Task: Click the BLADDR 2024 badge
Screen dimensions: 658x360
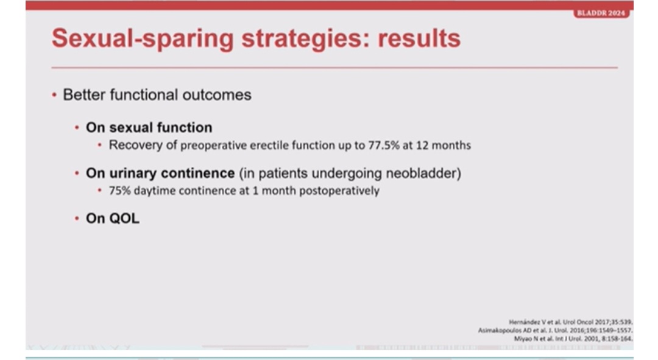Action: coord(601,13)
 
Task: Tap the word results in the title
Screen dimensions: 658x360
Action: coord(419,38)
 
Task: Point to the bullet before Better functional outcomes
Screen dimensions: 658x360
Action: coord(54,95)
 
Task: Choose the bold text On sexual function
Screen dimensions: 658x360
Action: coord(149,127)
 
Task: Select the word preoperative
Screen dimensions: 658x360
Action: coord(214,146)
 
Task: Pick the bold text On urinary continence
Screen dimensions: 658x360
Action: coord(160,173)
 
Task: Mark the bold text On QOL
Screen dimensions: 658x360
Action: coord(113,219)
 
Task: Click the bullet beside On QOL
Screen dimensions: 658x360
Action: coord(77,218)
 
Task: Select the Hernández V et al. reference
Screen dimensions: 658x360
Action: coord(571,322)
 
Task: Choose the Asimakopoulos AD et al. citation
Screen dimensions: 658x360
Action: coord(555,331)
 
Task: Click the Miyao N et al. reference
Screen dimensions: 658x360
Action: coord(573,339)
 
